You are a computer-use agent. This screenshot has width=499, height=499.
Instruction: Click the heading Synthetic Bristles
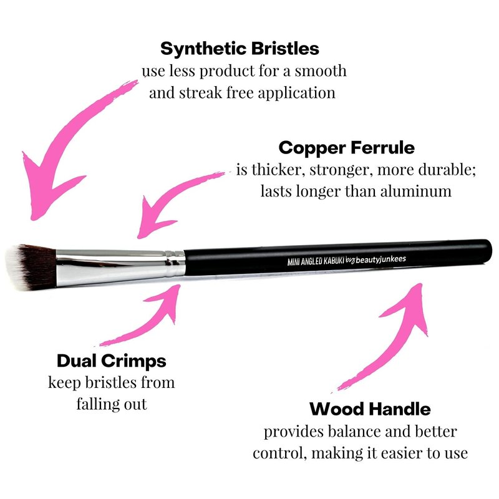pyautogui.click(x=240, y=49)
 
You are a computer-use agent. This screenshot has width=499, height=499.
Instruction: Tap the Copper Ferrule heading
pyautogui.click(x=347, y=148)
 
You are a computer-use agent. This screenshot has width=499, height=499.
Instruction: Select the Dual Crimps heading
pyautogui.click(x=112, y=361)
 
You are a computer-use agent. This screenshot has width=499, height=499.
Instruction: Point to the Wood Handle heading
pyautogui.click(x=370, y=409)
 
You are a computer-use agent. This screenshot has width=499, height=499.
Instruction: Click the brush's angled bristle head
pyautogui.click(x=31, y=267)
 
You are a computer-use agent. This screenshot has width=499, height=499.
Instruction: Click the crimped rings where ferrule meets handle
pyautogui.click(x=175, y=263)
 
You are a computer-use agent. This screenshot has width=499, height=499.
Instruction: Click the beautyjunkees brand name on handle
pyautogui.click(x=380, y=259)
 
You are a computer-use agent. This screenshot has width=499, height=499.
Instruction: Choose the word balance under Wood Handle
pyautogui.click(x=354, y=432)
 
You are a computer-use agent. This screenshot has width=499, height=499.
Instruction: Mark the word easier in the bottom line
pyautogui.click(x=404, y=453)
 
